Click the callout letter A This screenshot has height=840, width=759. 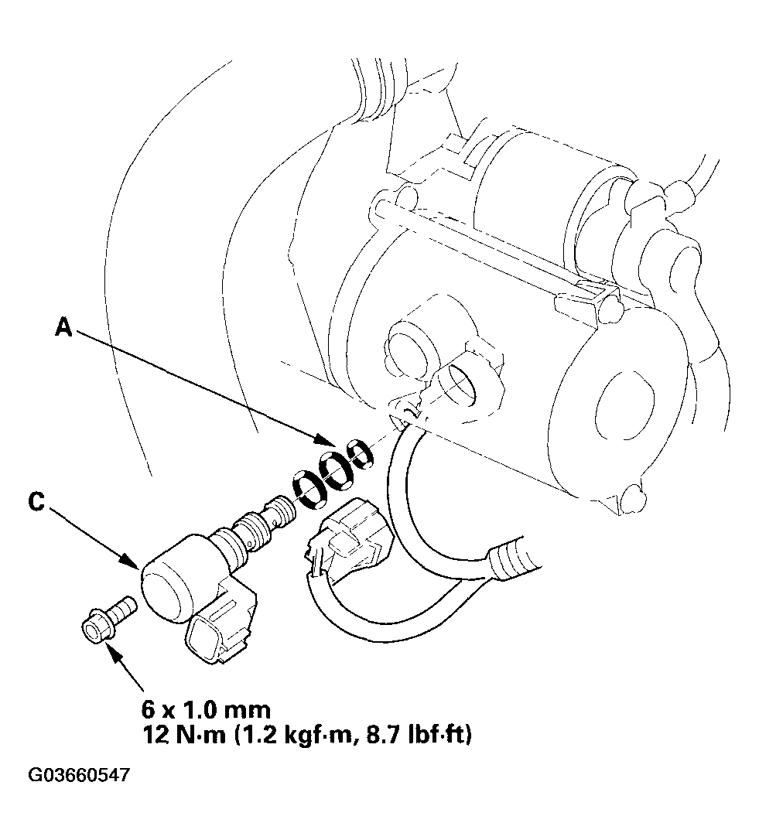pyautogui.click(x=64, y=326)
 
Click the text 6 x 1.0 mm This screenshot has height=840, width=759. pyautogui.click(x=206, y=710)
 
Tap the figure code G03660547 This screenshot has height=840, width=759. pyautogui.click(x=79, y=775)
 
